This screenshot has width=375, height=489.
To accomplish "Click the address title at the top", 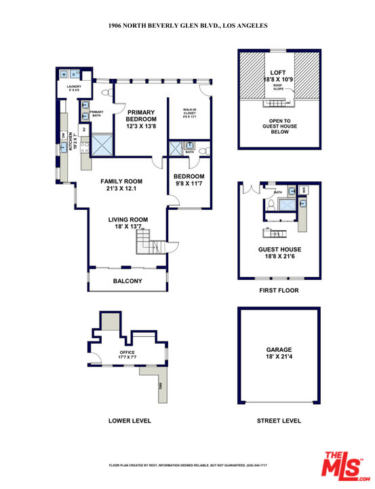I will point(188,25).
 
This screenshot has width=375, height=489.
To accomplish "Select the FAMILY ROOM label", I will point(121,185).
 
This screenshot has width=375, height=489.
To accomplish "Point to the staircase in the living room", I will point(149,241).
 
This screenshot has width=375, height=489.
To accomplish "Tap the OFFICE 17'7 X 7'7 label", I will point(127,355).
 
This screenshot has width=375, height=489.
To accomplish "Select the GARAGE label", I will point(279,352).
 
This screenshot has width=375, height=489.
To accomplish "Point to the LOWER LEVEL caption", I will point(130,421).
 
